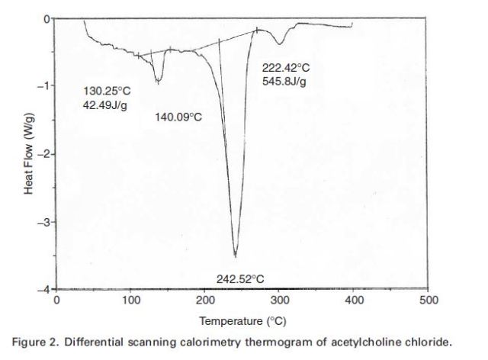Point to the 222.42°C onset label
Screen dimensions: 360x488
[x=286, y=68]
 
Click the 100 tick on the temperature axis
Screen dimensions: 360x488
[x=130, y=300]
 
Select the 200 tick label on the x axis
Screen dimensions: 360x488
[x=205, y=300]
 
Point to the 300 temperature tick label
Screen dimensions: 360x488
[x=279, y=300]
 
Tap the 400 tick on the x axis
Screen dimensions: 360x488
[x=354, y=300]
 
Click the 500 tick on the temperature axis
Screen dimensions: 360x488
[x=429, y=300]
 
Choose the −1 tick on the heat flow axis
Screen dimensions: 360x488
[x=42, y=85]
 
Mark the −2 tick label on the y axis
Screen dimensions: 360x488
[x=42, y=154]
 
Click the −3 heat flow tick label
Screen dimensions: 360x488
[x=42, y=222]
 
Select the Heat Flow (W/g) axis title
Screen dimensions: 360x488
[x=28, y=153]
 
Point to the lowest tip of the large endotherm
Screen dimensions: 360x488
[x=236, y=257]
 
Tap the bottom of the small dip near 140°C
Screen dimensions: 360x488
[x=158, y=82]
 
